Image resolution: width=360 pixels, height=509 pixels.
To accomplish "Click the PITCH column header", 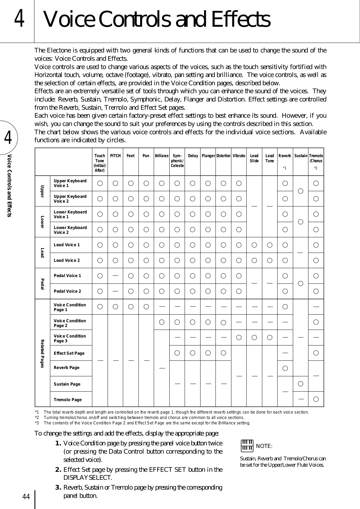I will (115, 156).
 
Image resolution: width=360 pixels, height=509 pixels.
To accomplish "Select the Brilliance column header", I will (162, 156).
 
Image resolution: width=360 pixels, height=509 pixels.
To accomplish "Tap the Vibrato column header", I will (239, 156).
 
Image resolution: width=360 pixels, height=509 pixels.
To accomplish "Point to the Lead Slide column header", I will (254, 158).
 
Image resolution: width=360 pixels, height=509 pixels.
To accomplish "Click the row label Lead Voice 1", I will (67, 245).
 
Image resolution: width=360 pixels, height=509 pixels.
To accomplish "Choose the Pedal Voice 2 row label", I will (67, 291).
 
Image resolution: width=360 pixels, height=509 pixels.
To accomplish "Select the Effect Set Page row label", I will (69, 353).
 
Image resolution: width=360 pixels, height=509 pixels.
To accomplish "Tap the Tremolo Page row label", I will (68, 400).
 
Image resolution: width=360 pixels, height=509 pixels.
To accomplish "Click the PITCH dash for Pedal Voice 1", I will (115, 275).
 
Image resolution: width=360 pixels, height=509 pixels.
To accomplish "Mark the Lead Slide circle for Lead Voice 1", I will (254, 245).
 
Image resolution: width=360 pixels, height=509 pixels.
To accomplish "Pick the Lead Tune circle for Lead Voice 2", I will (270, 261).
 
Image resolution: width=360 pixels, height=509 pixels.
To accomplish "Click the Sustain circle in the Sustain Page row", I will (300, 384).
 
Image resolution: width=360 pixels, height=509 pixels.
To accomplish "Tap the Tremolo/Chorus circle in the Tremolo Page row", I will (316, 399).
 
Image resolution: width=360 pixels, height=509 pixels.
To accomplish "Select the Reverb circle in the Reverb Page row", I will (285, 368).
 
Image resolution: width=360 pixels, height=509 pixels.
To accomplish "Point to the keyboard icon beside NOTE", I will (247, 445).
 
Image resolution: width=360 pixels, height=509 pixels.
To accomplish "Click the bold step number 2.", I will (59, 470).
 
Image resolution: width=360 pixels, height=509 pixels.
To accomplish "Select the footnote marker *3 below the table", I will (37, 423).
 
